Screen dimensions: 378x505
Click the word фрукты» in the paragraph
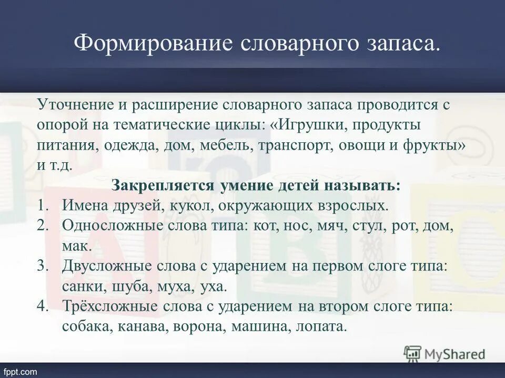click(432, 145)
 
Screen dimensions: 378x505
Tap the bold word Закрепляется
click(162, 186)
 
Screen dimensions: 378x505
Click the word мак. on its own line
click(77, 245)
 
